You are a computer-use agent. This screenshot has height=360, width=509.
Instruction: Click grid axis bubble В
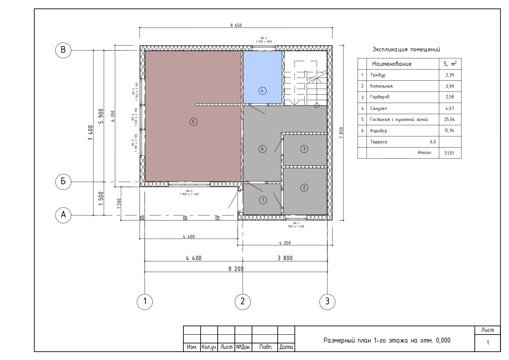[63, 50]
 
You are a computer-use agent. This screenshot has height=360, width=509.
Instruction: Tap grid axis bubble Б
[63, 182]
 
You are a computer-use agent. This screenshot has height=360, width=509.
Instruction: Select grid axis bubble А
[63, 215]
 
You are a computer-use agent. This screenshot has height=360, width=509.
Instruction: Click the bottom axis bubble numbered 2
[243, 301]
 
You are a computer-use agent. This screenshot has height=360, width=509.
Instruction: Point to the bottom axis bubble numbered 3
[327, 301]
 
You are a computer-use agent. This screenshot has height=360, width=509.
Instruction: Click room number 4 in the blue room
[262, 91]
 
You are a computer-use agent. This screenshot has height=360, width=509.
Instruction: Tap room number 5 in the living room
[194, 122]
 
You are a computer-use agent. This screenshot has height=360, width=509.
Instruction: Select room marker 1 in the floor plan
[263, 200]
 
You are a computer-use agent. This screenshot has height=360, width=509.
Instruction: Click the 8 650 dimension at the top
[236, 25]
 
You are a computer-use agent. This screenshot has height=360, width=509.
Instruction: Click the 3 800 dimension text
[285, 258]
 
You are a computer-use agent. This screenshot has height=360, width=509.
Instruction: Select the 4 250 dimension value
[285, 243]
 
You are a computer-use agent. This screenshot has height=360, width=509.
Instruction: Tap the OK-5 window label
[189, 191]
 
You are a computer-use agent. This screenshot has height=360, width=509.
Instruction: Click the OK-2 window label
[264, 38]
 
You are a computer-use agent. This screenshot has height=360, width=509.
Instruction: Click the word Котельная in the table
[381, 86]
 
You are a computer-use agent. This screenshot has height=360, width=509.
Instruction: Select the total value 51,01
[449, 153]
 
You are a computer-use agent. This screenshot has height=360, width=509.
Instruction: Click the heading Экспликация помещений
[406, 49]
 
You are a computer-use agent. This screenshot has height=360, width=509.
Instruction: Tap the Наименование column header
[392, 64]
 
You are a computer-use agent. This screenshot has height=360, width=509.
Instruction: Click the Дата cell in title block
[286, 347]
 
